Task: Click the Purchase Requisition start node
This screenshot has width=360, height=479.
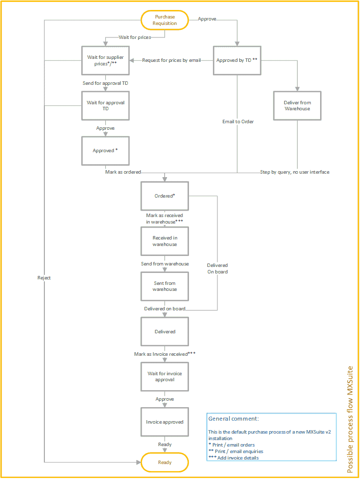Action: (x=165, y=20)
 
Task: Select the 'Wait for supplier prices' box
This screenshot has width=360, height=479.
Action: (x=106, y=61)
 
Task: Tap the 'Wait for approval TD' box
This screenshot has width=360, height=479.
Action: (x=106, y=105)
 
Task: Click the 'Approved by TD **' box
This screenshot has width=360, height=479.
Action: (x=237, y=60)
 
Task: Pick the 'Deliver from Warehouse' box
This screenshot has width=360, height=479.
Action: (x=297, y=106)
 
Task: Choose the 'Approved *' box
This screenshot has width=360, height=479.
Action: (x=106, y=150)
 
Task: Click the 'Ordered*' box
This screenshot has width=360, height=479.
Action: (x=165, y=196)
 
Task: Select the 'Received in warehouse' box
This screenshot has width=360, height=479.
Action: (x=165, y=241)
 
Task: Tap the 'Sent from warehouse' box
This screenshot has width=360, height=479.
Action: (x=165, y=286)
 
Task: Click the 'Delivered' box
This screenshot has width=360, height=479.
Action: (x=165, y=331)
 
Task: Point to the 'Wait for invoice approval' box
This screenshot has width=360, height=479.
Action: (x=165, y=376)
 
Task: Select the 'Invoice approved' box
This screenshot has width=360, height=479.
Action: (x=165, y=422)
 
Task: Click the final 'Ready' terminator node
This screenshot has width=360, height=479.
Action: (x=165, y=463)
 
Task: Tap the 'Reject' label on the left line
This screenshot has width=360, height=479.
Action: (x=44, y=277)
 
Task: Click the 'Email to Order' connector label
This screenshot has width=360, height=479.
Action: (x=238, y=121)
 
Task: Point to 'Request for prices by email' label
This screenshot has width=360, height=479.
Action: (x=172, y=60)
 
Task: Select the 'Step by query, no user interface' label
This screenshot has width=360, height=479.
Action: (x=295, y=172)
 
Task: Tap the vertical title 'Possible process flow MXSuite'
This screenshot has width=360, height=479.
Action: (x=351, y=420)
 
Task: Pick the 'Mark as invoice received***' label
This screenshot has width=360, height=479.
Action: (x=165, y=354)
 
